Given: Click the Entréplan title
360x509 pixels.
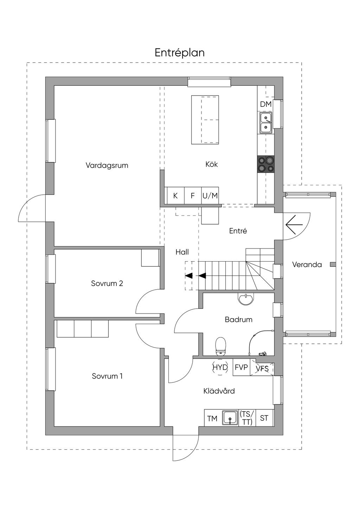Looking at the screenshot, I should tap(180, 53).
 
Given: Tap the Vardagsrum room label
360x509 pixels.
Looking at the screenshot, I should tap(107, 165).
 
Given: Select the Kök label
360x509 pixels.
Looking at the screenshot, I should tap(212, 164).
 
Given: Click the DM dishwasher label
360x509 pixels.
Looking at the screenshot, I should tap(266, 104).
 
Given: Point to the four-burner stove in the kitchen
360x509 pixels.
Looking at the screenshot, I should tap(266, 164).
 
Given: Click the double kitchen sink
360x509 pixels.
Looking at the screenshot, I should tap(266, 122).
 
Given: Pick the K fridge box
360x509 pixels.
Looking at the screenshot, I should tap(175, 196).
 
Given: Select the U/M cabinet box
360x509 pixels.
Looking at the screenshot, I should tap(210, 196).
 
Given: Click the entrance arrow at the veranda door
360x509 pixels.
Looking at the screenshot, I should tap(294, 224).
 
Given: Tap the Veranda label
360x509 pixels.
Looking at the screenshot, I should tap(307, 265).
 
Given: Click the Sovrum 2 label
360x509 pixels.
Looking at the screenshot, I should tap(107, 283).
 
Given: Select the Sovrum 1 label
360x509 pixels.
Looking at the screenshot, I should tap(107, 376).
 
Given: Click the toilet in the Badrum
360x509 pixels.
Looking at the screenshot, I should tap(220, 346).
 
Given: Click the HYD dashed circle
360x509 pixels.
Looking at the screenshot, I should tap(220, 367).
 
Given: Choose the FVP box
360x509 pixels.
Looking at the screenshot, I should tap(241, 367).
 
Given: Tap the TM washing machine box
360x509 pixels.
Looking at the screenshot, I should tap(212, 418).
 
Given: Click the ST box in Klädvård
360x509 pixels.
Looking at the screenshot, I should tap(264, 418).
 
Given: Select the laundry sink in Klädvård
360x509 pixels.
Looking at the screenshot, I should tap(230, 418).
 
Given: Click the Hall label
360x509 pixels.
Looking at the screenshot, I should tap(182, 252).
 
